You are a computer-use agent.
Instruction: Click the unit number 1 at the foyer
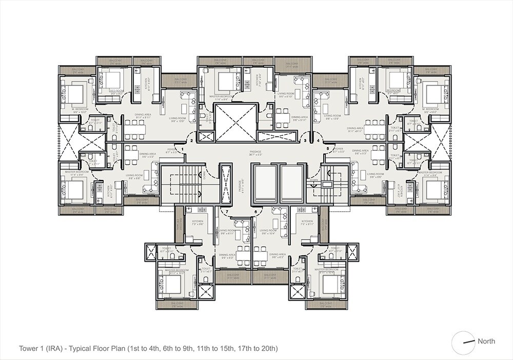pyautogui.click(x=182, y=148)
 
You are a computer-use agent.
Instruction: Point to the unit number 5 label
pyautogui.click(x=328, y=148)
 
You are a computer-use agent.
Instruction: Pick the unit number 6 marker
pyautogui.click(x=255, y=211)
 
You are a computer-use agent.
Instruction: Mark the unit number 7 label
pyautogui.click(x=226, y=211)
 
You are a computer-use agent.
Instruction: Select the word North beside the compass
pyautogui.click(x=486, y=341)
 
